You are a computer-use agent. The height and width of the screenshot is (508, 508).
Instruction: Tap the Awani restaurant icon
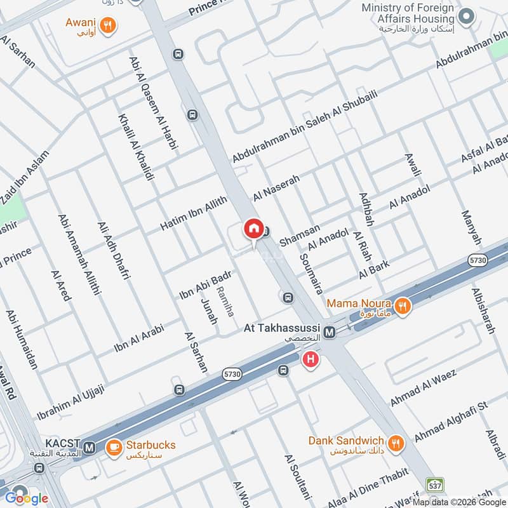point(109,25)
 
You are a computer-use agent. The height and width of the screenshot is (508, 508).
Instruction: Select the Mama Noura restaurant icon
point(402,307)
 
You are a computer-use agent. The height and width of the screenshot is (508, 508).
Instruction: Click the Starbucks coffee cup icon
point(114,447)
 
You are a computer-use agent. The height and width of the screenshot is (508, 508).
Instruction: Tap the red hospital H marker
point(311,360)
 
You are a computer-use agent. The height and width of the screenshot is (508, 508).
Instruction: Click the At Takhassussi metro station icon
point(330,332)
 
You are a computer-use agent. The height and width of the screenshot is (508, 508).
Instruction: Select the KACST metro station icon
point(90,447)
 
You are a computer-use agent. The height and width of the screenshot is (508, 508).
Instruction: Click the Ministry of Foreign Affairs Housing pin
point(467,16)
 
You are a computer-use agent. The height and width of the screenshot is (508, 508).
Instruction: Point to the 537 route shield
point(434,485)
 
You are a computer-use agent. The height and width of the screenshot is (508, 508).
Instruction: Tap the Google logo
point(27,498)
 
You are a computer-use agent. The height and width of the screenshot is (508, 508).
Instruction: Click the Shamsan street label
point(299,236)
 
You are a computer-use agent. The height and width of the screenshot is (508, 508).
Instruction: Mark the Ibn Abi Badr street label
point(204,285)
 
